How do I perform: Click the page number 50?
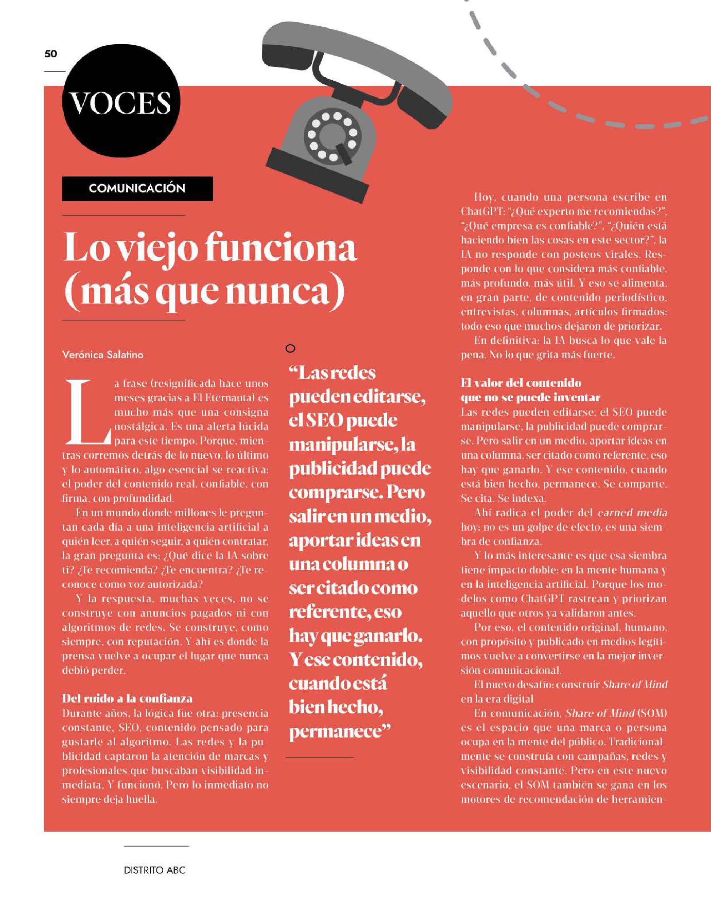click(51, 54)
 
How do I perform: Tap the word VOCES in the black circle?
click(121, 103)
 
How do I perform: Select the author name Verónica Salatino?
click(102, 355)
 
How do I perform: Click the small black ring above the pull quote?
click(291, 348)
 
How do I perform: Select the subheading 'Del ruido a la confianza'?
click(127, 698)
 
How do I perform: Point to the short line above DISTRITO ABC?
click(156, 846)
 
